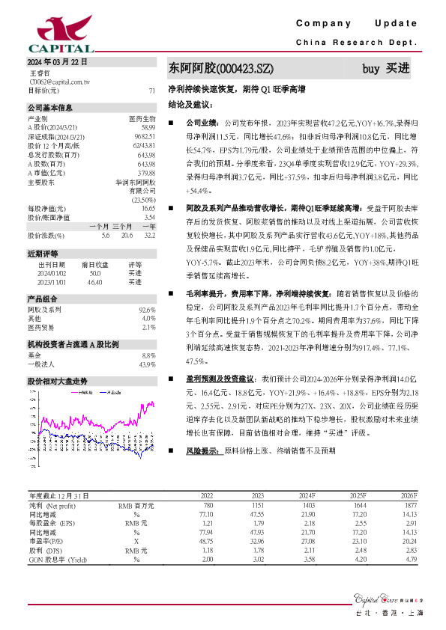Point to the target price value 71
tap(152, 90)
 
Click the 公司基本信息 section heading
tap(50, 108)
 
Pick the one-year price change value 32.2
tap(149, 235)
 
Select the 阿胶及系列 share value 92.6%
tap(147, 309)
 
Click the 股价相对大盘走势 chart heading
tap(57, 381)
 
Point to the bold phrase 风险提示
tap(202, 451)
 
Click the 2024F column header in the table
tap(307, 495)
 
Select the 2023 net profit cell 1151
tap(256, 506)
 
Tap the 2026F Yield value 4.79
tap(408, 558)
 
